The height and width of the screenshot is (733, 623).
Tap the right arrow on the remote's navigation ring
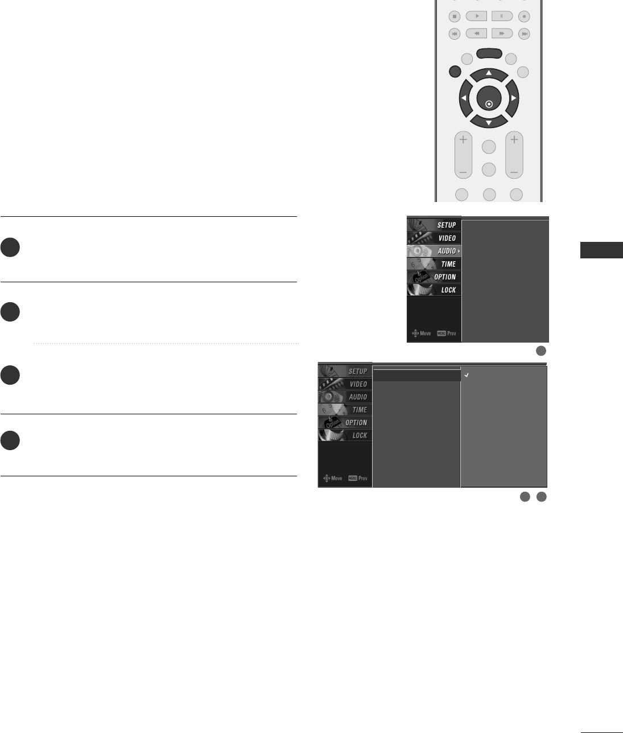point(513,98)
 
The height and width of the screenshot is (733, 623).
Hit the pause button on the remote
point(502,17)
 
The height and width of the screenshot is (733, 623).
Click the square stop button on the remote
point(455,17)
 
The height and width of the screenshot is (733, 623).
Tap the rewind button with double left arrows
point(476,34)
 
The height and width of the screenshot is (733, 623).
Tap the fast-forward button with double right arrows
point(502,34)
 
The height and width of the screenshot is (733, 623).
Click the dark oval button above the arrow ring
point(489,53)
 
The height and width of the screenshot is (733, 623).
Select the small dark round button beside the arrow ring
point(455,72)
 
